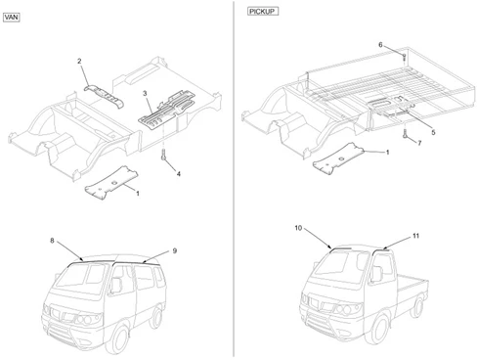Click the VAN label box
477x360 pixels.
12,18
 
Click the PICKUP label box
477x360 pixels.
263,12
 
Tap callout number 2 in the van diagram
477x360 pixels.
79,61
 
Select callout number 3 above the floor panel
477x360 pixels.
145,94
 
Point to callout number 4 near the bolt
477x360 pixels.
179,174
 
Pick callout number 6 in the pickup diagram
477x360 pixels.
380,45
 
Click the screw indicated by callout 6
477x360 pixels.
404,58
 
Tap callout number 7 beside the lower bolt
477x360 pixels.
419,143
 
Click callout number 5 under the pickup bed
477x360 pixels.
433,132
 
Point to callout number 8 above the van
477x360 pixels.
52,241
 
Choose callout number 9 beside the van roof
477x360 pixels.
175,250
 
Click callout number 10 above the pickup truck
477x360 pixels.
298,228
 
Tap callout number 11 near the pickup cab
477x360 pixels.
415,236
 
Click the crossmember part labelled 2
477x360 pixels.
105,97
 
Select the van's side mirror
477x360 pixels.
116,286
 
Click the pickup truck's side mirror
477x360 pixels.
377,274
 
